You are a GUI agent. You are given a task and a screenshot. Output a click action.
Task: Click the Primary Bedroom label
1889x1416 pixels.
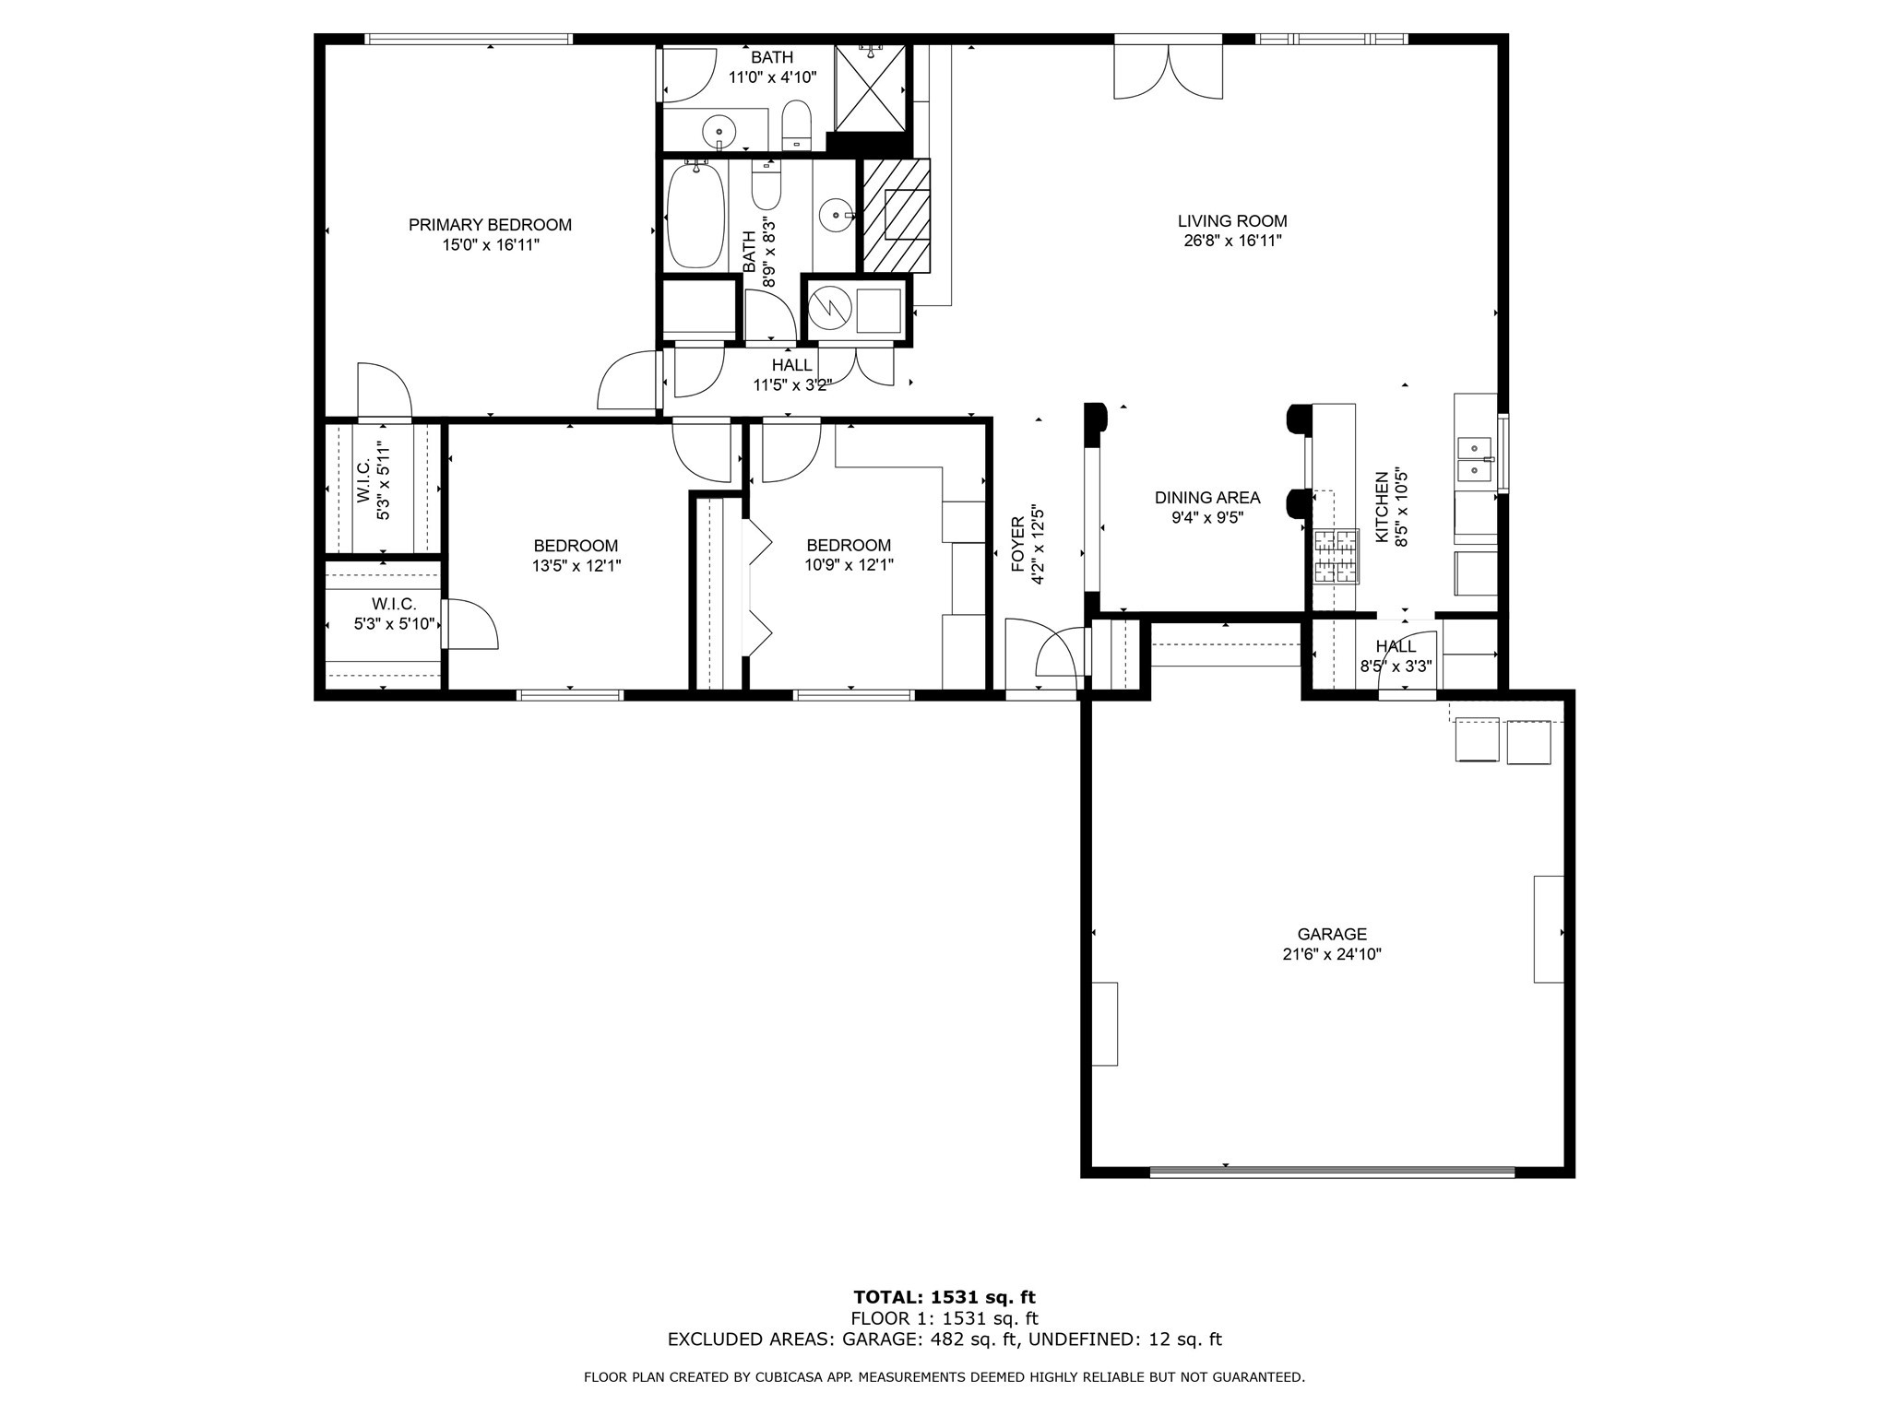[x=490, y=225]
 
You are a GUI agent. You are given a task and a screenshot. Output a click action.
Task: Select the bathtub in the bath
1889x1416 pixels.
[x=695, y=214]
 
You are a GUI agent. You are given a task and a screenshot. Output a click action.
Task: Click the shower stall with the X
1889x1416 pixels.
[x=870, y=86]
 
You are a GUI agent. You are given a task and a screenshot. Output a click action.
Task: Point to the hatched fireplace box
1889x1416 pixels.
[x=896, y=216]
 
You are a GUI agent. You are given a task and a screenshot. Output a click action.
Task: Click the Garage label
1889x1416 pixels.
[x=1332, y=935]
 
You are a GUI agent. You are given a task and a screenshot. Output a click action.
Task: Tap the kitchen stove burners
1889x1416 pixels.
[x=1336, y=556]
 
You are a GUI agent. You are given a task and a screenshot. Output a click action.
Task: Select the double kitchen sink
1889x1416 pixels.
[x=1475, y=460]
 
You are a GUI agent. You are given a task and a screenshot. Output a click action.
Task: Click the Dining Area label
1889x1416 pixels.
[x=1207, y=498]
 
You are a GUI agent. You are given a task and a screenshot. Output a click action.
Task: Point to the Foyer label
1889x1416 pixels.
[x=1018, y=544]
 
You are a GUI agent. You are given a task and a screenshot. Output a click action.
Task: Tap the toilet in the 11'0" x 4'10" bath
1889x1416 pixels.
[x=795, y=125]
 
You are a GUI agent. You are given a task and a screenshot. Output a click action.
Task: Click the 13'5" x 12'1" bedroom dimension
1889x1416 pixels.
[x=576, y=566]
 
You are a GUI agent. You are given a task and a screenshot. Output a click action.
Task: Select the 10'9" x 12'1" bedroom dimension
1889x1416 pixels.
[x=849, y=564]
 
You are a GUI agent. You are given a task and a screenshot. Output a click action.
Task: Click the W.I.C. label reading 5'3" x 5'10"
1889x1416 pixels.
[x=394, y=624]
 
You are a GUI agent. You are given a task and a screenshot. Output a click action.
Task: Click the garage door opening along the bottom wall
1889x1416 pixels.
[x=1332, y=1173]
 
